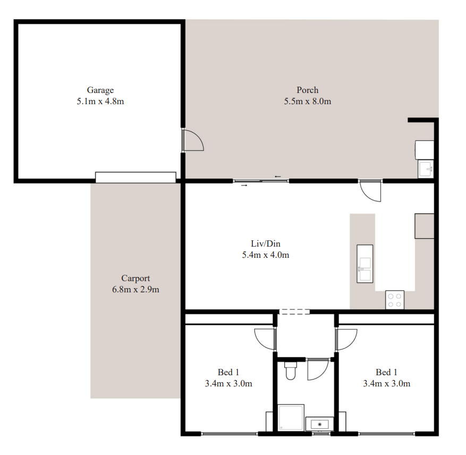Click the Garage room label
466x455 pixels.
[100, 90]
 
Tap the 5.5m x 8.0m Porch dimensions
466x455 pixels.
[307, 102]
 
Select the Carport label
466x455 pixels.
[135, 279]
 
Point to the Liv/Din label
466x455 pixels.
[265, 243]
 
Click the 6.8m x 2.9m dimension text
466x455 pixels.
[135, 289]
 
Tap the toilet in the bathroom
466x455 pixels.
[291, 370]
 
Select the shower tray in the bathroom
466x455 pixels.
[291, 417]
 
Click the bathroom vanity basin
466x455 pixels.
[319, 424]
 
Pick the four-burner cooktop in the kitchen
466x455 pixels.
[395, 300]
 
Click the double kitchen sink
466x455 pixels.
[365, 264]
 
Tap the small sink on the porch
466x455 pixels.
[426, 169]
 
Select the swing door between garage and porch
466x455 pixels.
[192, 139]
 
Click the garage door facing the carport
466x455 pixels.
[135, 177]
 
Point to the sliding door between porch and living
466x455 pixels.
[261, 181]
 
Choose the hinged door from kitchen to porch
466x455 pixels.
[370, 191]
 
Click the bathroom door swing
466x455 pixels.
[318, 369]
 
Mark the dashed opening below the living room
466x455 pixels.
[294, 311]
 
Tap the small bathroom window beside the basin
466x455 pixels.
[321, 434]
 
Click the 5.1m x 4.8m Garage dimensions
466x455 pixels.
[100, 102]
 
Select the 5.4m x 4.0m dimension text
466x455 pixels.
[265, 255]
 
